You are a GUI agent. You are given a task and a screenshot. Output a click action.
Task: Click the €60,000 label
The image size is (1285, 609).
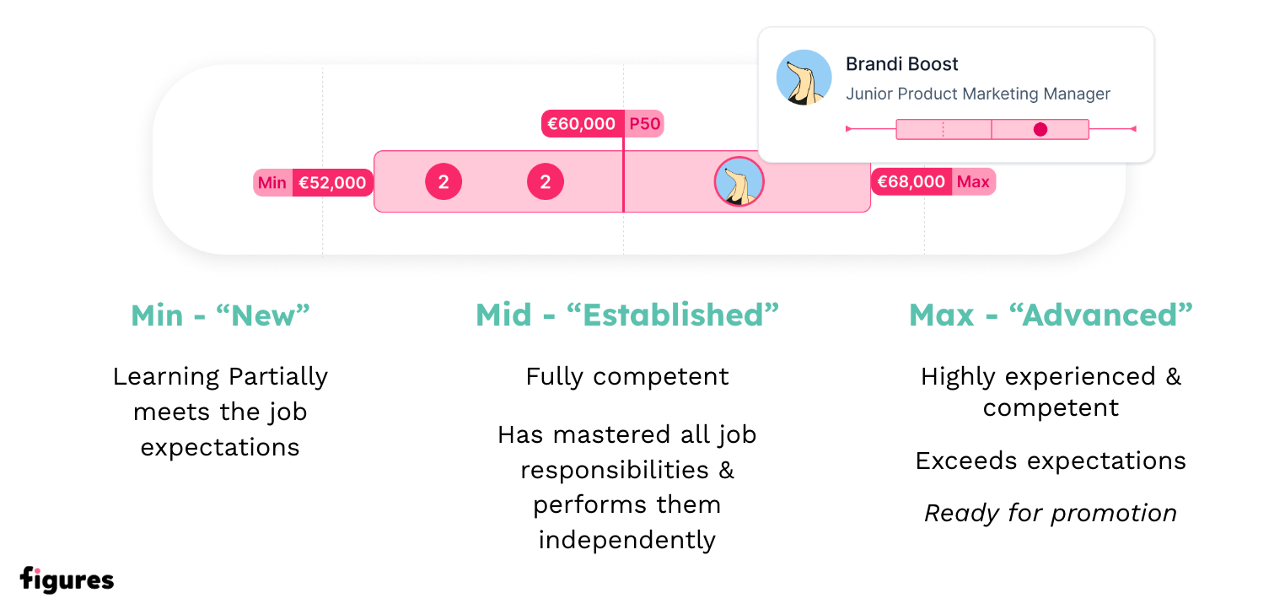[x=583, y=123]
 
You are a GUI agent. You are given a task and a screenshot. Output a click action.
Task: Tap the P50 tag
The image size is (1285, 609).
[x=644, y=123]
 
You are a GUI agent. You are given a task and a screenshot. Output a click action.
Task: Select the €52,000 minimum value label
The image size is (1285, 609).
[x=333, y=182]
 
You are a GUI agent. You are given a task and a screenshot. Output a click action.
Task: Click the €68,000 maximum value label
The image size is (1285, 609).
[x=911, y=181]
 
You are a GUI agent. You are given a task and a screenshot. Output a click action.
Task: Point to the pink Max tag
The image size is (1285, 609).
[x=974, y=181]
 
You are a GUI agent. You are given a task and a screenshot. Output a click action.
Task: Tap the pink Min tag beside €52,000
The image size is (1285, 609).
[x=272, y=182]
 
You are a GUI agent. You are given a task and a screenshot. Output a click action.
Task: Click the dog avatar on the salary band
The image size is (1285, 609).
[x=739, y=181]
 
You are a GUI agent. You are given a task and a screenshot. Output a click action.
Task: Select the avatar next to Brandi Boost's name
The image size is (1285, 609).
[x=804, y=78]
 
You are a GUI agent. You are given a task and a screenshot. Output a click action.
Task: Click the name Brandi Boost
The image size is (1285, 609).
[x=902, y=64]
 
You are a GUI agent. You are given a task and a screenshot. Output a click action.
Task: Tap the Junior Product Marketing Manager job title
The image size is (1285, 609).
[x=978, y=94]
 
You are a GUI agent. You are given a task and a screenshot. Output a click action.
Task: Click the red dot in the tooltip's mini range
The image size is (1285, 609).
[x=1040, y=129]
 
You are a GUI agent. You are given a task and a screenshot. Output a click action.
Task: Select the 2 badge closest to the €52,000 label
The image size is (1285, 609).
[x=444, y=181]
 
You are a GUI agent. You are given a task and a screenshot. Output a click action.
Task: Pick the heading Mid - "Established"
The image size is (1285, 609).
[x=627, y=315]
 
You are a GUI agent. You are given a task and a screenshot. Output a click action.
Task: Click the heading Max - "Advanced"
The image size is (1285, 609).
[x=1051, y=315]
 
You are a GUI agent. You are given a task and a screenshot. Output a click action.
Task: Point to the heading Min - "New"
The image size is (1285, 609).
[x=220, y=315]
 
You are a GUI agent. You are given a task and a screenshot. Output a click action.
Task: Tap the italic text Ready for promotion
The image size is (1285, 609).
[x=1051, y=513]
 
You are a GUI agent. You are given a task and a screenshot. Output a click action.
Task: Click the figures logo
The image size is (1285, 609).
[x=67, y=579]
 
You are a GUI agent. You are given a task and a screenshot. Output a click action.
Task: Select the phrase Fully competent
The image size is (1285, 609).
[x=627, y=377]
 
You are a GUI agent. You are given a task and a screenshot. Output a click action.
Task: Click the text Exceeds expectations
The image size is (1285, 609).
[x=1051, y=461]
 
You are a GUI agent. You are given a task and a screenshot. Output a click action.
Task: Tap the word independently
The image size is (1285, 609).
[x=627, y=540]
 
